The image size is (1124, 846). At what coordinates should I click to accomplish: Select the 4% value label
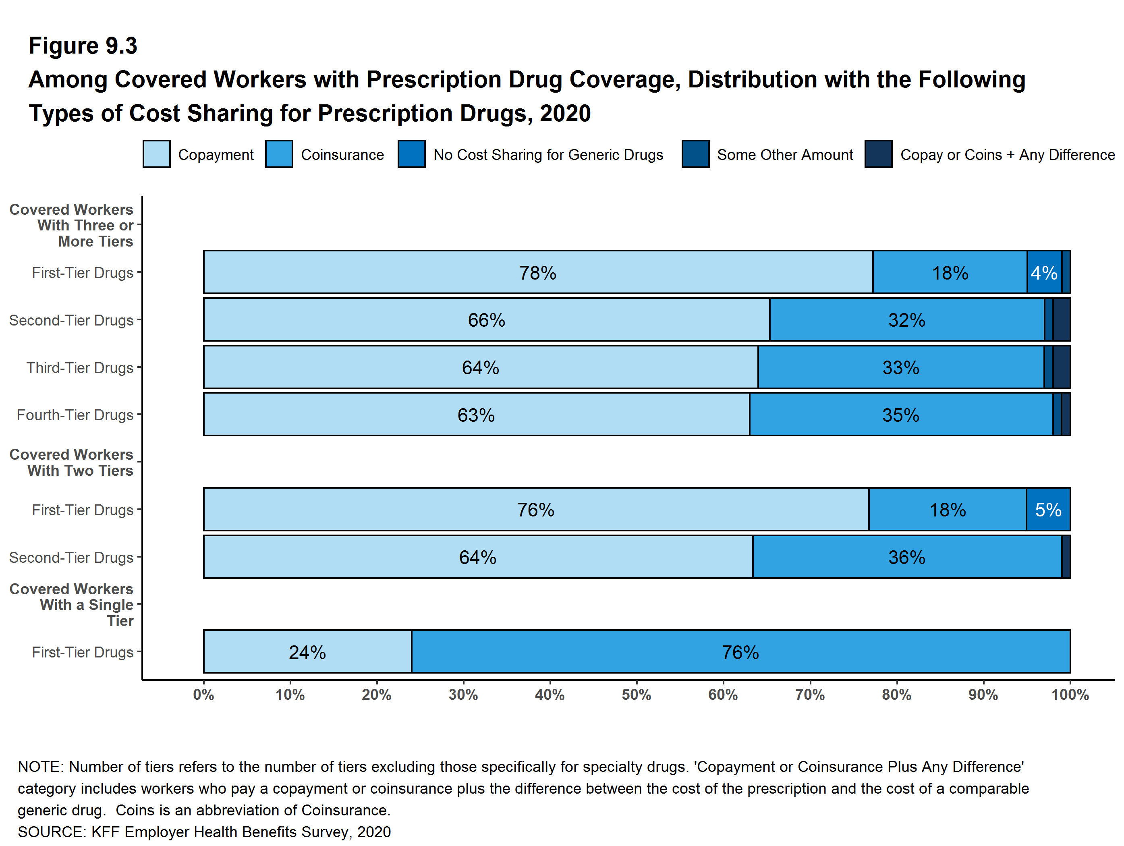pyautogui.click(x=1044, y=273)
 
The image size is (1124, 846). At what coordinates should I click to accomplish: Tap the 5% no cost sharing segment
pyautogui.click(x=1048, y=510)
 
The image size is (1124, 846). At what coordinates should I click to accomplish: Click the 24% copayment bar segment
pyautogui.click(x=307, y=652)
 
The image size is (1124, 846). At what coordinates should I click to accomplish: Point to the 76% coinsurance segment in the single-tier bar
pyautogui.click(x=740, y=652)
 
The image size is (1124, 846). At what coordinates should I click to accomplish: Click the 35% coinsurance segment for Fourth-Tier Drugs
pyautogui.click(x=900, y=415)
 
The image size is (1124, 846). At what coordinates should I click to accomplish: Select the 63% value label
pyautogui.click(x=476, y=415)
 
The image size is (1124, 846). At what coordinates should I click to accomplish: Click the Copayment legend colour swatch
pyautogui.click(x=156, y=154)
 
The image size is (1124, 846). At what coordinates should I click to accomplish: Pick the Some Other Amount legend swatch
pyautogui.click(x=695, y=154)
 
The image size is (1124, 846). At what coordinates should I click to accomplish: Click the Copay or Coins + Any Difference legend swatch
pyautogui.click(x=878, y=154)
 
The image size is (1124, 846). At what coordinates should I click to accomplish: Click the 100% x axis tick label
pyautogui.click(x=1070, y=695)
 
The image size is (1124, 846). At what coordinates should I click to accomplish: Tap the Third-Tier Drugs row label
pyautogui.click(x=80, y=367)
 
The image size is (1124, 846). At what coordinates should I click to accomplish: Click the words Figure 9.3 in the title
pyautogui.click(x=83, y=46)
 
